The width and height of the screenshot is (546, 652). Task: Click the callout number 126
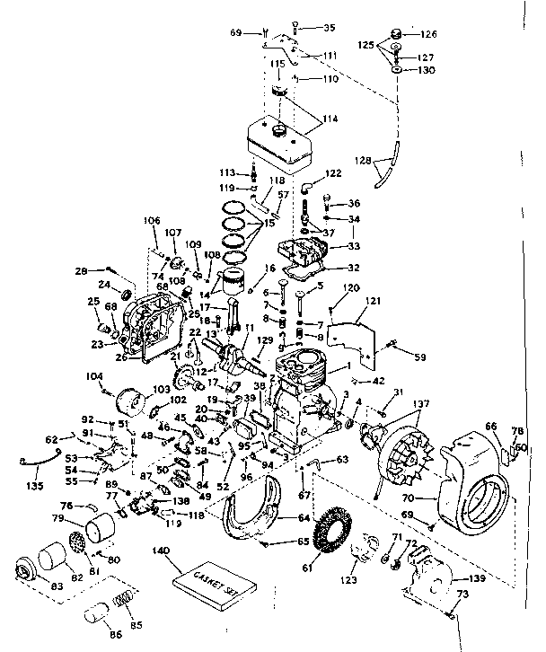[429, 35]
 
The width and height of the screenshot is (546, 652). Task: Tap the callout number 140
[161, 551]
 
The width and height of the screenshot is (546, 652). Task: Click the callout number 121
[374, 304]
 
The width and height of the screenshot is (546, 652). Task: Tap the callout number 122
[333, 173]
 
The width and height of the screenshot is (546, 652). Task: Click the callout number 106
[151, 221]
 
